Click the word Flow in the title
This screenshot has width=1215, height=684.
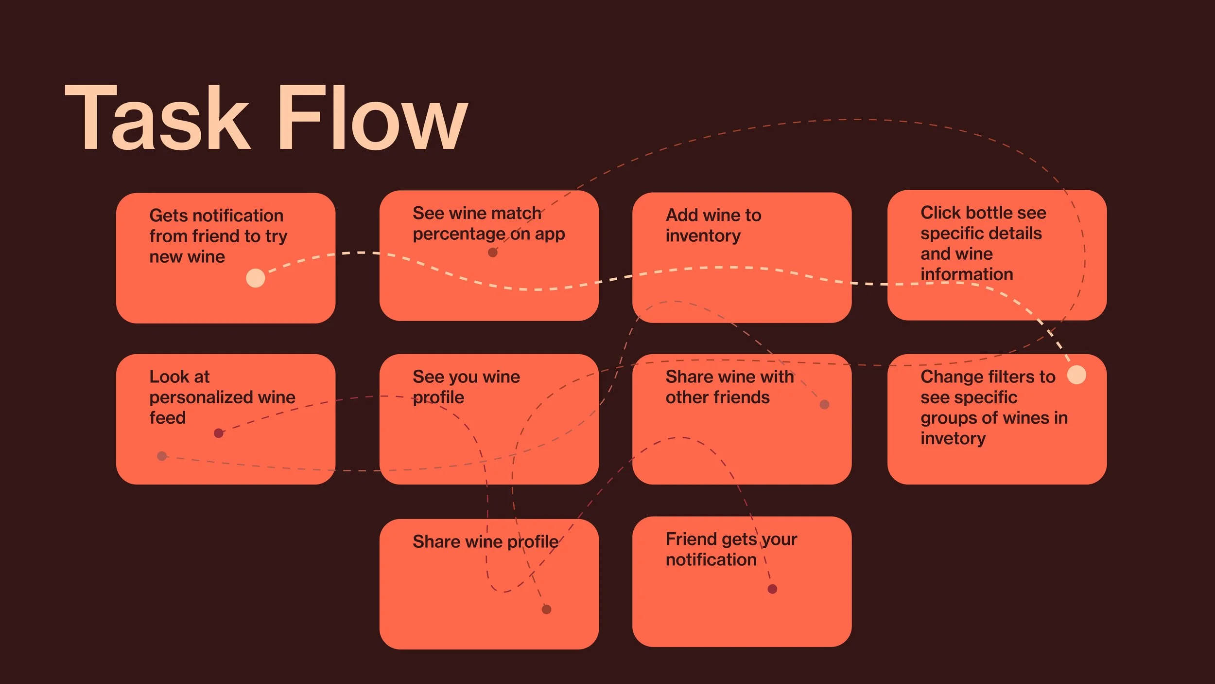tap(372, 118)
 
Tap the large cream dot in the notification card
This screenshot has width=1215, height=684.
tap(256, 278)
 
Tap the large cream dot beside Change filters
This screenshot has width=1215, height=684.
tap(1076, 375)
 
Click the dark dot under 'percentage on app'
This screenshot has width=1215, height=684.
tap(492, 252)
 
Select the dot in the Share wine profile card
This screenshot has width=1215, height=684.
tap(546, 609)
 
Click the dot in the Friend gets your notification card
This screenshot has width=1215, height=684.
tap(772, 589)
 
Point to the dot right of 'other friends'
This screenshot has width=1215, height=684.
tap(824, 404)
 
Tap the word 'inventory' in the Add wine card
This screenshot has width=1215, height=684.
tap(703, 236)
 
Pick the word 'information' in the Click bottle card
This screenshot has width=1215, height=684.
tap(967, 274)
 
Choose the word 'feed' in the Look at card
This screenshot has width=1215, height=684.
tap(167, 418)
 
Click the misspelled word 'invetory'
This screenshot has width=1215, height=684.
tap(953, 439)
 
